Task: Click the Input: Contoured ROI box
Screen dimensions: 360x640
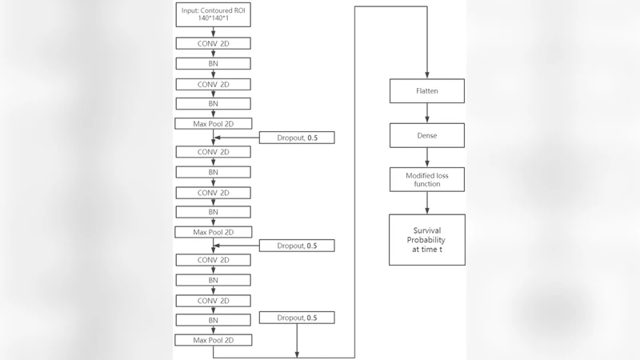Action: [213, 14]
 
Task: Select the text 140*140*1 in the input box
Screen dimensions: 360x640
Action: [213, 18]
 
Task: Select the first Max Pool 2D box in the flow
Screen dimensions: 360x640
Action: [213, 123]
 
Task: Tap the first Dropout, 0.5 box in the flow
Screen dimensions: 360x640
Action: [297, 138]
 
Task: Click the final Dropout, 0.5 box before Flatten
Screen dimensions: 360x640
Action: [297, 318]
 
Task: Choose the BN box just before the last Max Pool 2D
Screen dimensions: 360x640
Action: [213, 320]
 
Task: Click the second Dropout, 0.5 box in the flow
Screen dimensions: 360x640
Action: [297, 246]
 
